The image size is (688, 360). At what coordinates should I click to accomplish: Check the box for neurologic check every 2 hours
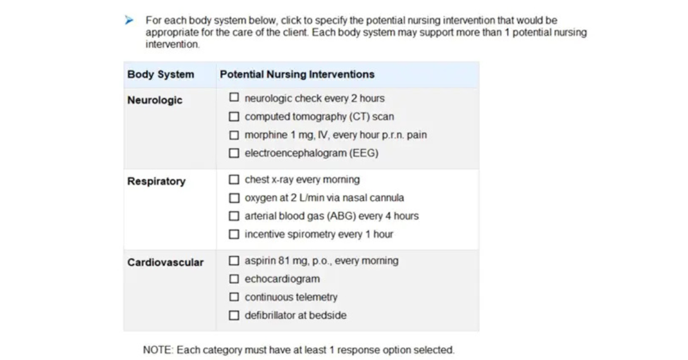(234, 98)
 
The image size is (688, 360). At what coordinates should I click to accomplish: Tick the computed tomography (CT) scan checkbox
(234, 116)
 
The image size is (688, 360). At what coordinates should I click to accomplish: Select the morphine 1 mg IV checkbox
(234, 135)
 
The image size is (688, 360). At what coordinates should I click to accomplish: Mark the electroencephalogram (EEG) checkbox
(234, 153)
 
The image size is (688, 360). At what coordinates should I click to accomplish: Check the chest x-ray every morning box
(234, 179)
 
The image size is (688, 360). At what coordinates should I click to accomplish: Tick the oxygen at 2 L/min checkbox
(234, 198)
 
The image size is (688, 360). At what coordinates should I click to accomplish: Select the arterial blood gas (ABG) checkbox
(234, 216)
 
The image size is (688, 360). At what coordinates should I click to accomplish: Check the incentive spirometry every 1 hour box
(234, 234)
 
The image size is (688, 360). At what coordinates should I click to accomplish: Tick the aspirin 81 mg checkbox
(234, 261)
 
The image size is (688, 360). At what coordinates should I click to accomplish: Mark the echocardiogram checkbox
(234, 279)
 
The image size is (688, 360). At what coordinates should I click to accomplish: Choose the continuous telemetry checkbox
(234, 297)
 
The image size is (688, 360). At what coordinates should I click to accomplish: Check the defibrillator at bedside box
(234, 315)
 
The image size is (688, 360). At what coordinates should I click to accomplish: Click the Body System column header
(161, 75)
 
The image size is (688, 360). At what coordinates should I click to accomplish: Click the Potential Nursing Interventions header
(297, 75)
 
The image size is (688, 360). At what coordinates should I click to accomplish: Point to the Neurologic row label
(155, 100)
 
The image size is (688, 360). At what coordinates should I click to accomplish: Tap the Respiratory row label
(157, 181)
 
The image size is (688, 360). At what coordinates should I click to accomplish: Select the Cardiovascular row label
(165, 263)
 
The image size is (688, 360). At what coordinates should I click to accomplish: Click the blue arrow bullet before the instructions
(130, 21)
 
